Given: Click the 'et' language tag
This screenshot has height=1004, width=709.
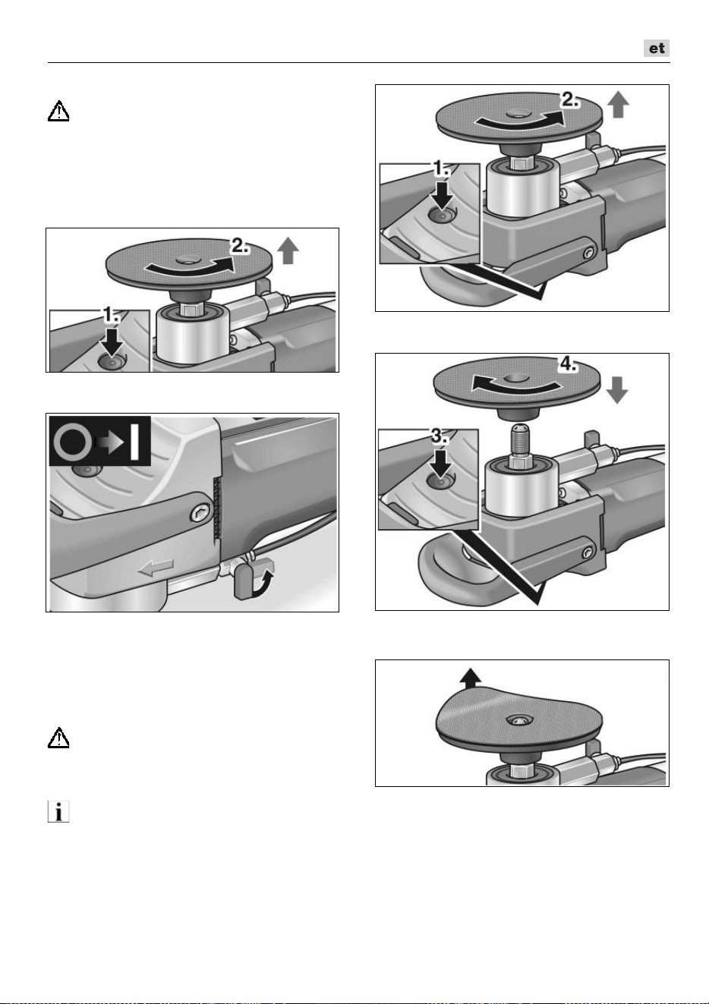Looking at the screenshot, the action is tap(656, 49).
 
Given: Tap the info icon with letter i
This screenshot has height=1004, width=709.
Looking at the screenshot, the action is tap(58, 811).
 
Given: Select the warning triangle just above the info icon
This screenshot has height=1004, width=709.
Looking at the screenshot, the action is tap(58, 738).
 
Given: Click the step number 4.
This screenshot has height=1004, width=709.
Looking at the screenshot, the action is tap(568, 364).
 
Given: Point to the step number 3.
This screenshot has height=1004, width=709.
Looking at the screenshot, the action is tap(440, 436).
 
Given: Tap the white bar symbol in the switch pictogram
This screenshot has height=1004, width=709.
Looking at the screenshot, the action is tap(134, 441).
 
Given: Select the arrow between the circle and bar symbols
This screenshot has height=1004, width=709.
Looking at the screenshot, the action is tap(110, 442).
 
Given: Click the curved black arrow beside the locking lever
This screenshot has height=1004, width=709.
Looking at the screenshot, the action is tap(263, 583).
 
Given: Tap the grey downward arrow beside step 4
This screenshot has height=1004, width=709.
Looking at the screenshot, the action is tap(617, 390).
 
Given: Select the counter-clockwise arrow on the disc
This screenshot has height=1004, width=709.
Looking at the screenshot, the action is tap(515, 385).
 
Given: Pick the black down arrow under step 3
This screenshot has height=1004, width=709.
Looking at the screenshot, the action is tap(440, 463).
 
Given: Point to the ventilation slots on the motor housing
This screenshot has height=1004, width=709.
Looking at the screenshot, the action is tap(217, 508).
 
